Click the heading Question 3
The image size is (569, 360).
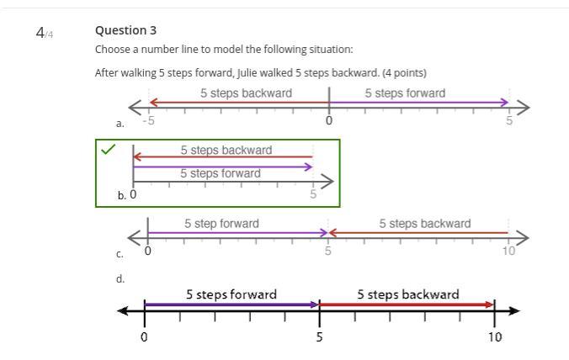[x=125, y=30]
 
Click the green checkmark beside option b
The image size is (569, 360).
[x=108, y=150]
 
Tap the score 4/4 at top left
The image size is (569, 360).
[x=44, y=33]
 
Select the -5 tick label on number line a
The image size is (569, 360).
[x=148, y=120]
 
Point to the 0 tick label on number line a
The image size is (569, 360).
[x=328, y=120]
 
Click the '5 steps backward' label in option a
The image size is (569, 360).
[x=246, y=93]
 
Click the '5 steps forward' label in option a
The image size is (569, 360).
[x=405, y=93]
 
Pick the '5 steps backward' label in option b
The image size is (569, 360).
[x=226, y=150]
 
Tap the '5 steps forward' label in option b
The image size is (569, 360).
[x=220, y=173]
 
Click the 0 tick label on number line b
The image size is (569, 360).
[x=133, y=194]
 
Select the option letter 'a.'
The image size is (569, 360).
[x=120, y=124]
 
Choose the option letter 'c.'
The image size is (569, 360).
[x=120, y=253]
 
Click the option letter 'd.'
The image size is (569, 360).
[x=120, y=278]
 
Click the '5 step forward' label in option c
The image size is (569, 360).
[x=221, y=223]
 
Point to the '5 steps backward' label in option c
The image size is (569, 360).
[x=424, y=223]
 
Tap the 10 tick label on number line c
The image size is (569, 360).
[x=508, y=251]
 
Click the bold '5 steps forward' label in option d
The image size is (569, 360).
[x=231, y=294]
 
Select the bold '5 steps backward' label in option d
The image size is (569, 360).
[x=407, y=294]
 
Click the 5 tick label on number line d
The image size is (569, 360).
[x=319, y=336]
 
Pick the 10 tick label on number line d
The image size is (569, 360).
[x=494, y=336]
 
